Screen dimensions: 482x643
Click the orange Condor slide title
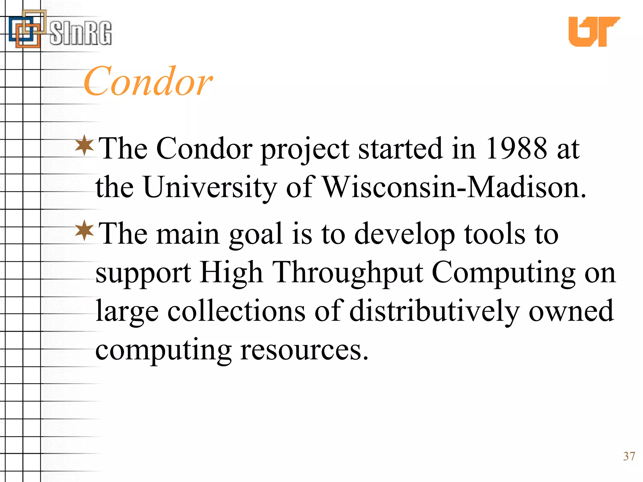148,82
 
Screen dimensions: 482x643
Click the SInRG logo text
80,33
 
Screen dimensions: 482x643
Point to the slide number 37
629,456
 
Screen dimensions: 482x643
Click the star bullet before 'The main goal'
84,231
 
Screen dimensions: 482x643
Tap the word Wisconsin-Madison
454,187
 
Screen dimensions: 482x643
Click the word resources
304,350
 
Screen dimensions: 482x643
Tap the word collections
236,311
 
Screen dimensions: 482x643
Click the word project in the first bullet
305,149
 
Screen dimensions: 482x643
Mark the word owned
571,311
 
